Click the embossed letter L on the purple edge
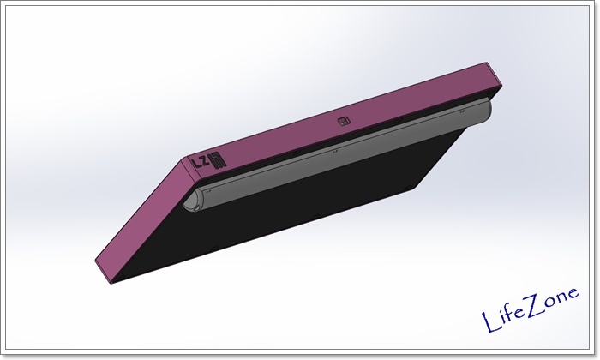click(x=197, y=165)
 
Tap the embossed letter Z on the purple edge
click(x=206, y=162)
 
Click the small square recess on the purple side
click(x=344, y=121)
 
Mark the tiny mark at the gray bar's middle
click(x=335, y=152)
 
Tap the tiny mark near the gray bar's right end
click(x=462, y=111)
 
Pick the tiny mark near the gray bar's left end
click(x=208, y=190)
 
